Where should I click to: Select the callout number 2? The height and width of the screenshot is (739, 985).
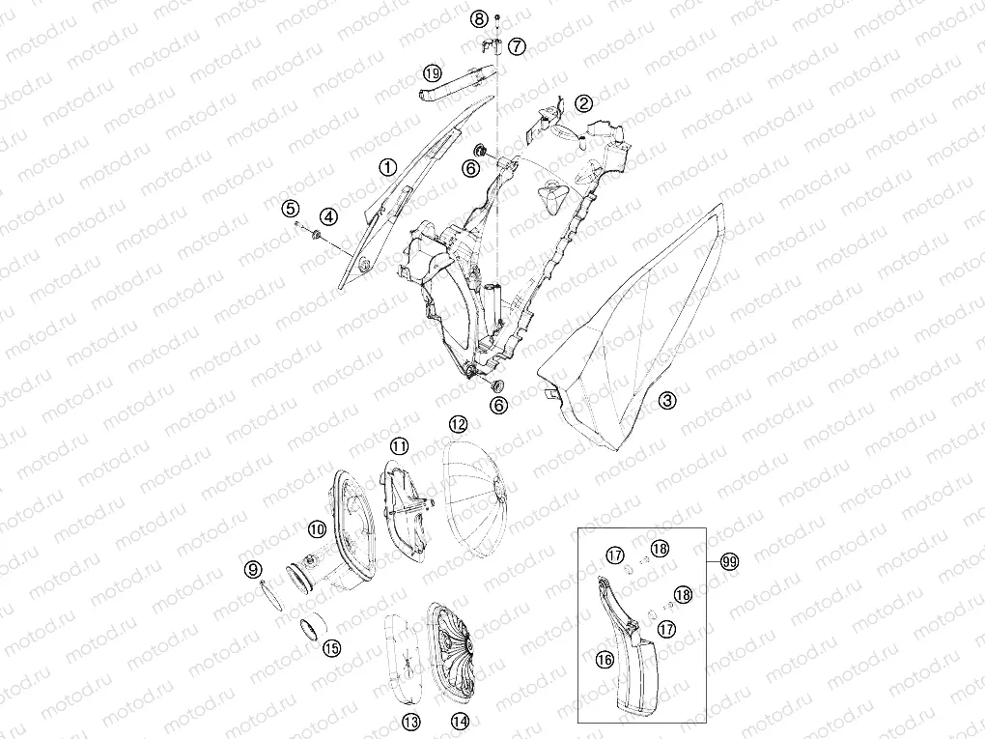pos(583,103)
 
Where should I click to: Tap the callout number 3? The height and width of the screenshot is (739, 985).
pos(667,400)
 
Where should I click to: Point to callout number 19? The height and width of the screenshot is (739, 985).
pos(433,73)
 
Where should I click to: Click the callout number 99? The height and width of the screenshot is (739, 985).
pos(729,561)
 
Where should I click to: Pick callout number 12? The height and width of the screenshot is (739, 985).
pos(458,425)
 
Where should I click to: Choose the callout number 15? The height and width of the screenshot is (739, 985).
pos(331,647)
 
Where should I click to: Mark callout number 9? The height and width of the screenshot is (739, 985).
pos(253,570)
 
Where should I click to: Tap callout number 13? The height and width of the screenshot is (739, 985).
pos(411,722)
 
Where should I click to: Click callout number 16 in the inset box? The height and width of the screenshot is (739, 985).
pos(605,659)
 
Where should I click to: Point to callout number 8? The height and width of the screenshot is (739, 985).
pos(480,19)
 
